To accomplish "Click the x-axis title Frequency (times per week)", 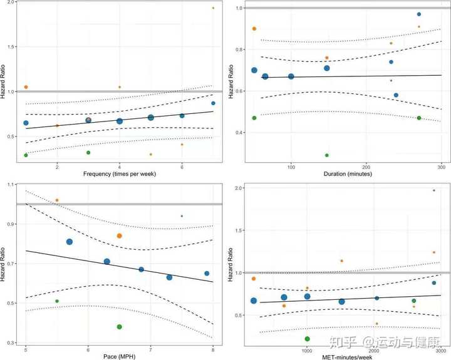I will (x=119, y=173).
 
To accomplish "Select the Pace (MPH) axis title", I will (x=119, y=355).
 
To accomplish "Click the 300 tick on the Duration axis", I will (x=442, y=166).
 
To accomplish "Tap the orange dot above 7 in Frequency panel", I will (x=213, y=8).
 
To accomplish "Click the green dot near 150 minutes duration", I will (x=327, y=155).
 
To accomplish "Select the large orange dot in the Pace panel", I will (x=119, y=236).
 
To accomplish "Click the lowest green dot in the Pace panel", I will (x=119, y=327).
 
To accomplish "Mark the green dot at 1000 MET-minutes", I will (x=308, y=339).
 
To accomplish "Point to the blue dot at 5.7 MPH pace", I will (x=70, y=242).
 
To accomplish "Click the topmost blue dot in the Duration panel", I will (x=419, y=14).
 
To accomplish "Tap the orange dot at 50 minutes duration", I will (x=254, y=29).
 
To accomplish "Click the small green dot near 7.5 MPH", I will (x=182, y=216).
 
